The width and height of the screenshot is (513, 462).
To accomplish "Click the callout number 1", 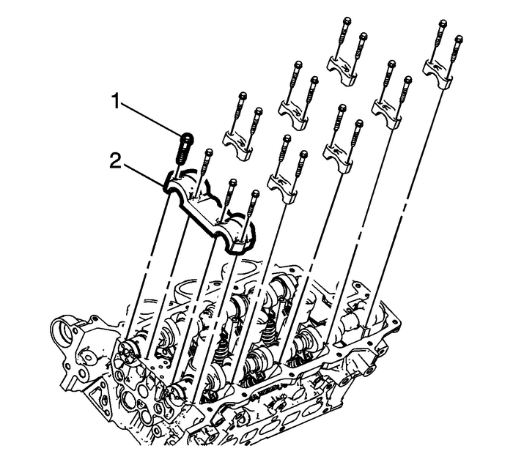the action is (x=116, y=101).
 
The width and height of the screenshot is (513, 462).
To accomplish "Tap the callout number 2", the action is (x=116, y=161).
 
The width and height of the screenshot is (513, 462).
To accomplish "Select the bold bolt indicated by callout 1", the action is (x=183, y=149).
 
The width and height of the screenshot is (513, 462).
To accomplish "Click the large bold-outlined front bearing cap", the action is (x=210, y=212).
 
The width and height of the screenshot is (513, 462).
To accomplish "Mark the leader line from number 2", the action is (x=143, y=175).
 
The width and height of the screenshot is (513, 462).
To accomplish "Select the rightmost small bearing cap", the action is (x=438, y=73).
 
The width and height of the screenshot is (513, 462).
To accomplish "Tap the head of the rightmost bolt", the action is (x=460, y=40).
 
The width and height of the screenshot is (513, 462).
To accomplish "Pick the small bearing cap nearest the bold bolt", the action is (x=237, y=146).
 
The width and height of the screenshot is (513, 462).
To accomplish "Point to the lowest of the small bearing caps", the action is (x=282, y=189).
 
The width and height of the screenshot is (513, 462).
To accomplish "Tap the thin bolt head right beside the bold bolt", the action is (x=208, y=153).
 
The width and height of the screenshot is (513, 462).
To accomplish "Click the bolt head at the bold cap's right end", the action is (x=254, y=194).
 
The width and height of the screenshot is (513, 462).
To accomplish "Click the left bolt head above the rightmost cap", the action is (x=443, y=23).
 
